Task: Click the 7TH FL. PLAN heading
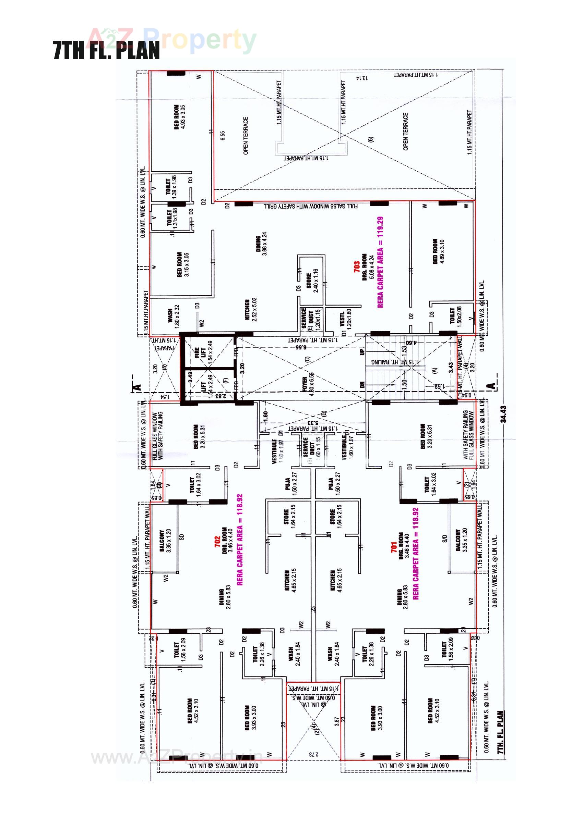coord(106,50)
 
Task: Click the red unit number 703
coord(357,267)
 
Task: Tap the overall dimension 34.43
coord(503,414)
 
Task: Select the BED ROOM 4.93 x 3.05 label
coord(179,117)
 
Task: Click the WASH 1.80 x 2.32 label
coord(173,316)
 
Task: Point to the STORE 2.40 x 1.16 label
coord(312,281)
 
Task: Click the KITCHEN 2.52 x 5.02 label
coord(251,310)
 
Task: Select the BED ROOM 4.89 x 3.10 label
coord(438,251)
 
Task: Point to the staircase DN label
coord(362,384)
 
